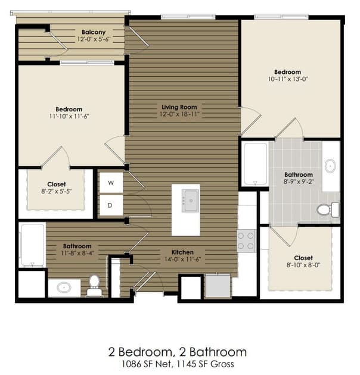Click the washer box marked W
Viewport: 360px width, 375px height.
[111, 183]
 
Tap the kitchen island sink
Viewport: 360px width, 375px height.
[190, 201]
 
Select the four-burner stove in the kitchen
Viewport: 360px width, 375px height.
[246, 240]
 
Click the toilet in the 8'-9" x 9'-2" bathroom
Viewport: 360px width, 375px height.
[328, 210]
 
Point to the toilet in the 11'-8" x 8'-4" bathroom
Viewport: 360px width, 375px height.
[94, 285]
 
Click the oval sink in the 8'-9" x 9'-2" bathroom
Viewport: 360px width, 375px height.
[330, 165]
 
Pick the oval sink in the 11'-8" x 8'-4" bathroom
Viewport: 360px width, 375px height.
[64, 287]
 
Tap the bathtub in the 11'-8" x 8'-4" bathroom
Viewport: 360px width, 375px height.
[32, 245]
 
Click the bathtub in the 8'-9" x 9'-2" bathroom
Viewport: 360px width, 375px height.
[255, 164]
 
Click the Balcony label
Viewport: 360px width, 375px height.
[94, 32]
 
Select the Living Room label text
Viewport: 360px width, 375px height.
[179, 107]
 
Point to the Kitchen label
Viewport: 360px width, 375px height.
[182, 252]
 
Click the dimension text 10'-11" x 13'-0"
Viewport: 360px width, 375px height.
[288, 79]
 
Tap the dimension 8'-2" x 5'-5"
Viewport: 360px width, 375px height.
[57, 191]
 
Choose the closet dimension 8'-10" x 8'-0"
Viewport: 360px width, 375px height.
[303, 265]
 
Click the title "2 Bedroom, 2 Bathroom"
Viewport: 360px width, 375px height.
[178, 352]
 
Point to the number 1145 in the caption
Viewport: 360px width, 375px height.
[185, 364]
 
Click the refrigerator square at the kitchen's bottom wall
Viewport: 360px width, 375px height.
[218, 286]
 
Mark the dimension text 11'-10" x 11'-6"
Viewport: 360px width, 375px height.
[69, 116]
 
